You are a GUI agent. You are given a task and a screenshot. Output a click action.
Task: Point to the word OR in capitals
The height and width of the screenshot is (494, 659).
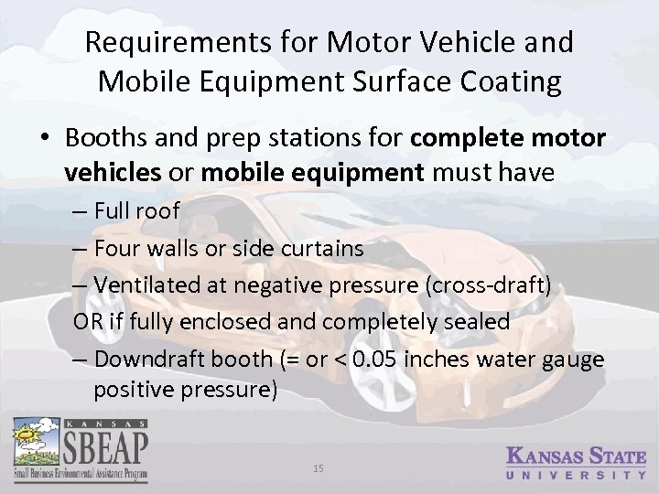(x=88, y=322)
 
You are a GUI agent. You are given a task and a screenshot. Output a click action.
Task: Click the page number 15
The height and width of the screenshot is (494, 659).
(x=319, y=468)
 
